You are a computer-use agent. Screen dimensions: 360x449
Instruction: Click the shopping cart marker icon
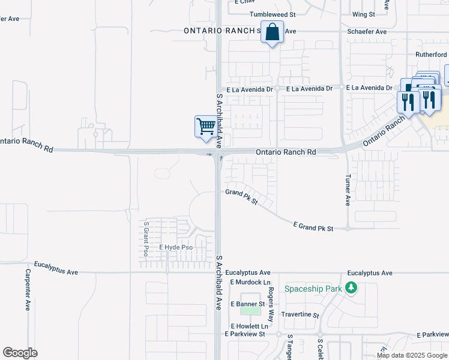click(x=206, y=127)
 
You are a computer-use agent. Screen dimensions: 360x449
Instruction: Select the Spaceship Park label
click(x=313, y=289)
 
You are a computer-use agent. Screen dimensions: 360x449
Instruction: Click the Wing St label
click(x=364, y=14)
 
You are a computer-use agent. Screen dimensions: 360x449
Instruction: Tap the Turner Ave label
click(x=347, y=191)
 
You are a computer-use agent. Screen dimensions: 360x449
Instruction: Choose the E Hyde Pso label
click(x=176, y=247)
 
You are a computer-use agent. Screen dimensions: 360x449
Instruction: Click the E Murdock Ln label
click(x=250, y=282)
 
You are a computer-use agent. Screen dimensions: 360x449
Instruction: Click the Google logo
click(x=20, y=352)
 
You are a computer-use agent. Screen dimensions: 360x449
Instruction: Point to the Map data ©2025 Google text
click(x=412, y=355)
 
